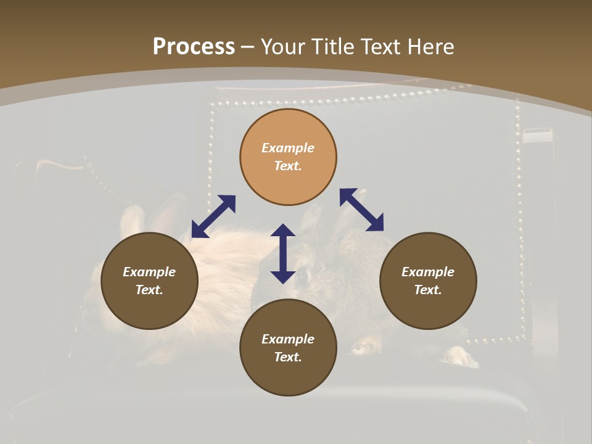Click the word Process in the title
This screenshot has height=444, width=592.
click(x=194, y=47)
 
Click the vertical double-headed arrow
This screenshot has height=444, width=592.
click(x=283, y=253)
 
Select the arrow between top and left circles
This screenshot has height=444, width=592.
click(x=213, y=216)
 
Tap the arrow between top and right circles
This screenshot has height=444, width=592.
click(x=361, y=210)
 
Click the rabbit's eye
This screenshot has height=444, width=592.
click(x=302, y=277)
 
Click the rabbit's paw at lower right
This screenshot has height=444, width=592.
click(x=459, y=356)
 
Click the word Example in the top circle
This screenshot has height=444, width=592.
click(x=288, y=148)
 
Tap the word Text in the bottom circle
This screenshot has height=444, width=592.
click(x=288, y=357)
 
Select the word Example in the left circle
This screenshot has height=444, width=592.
click(x=149, y=272)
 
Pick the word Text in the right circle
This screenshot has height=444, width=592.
click(x=428, y=290)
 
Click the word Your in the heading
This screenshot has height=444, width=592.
click(x=284, y=47)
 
